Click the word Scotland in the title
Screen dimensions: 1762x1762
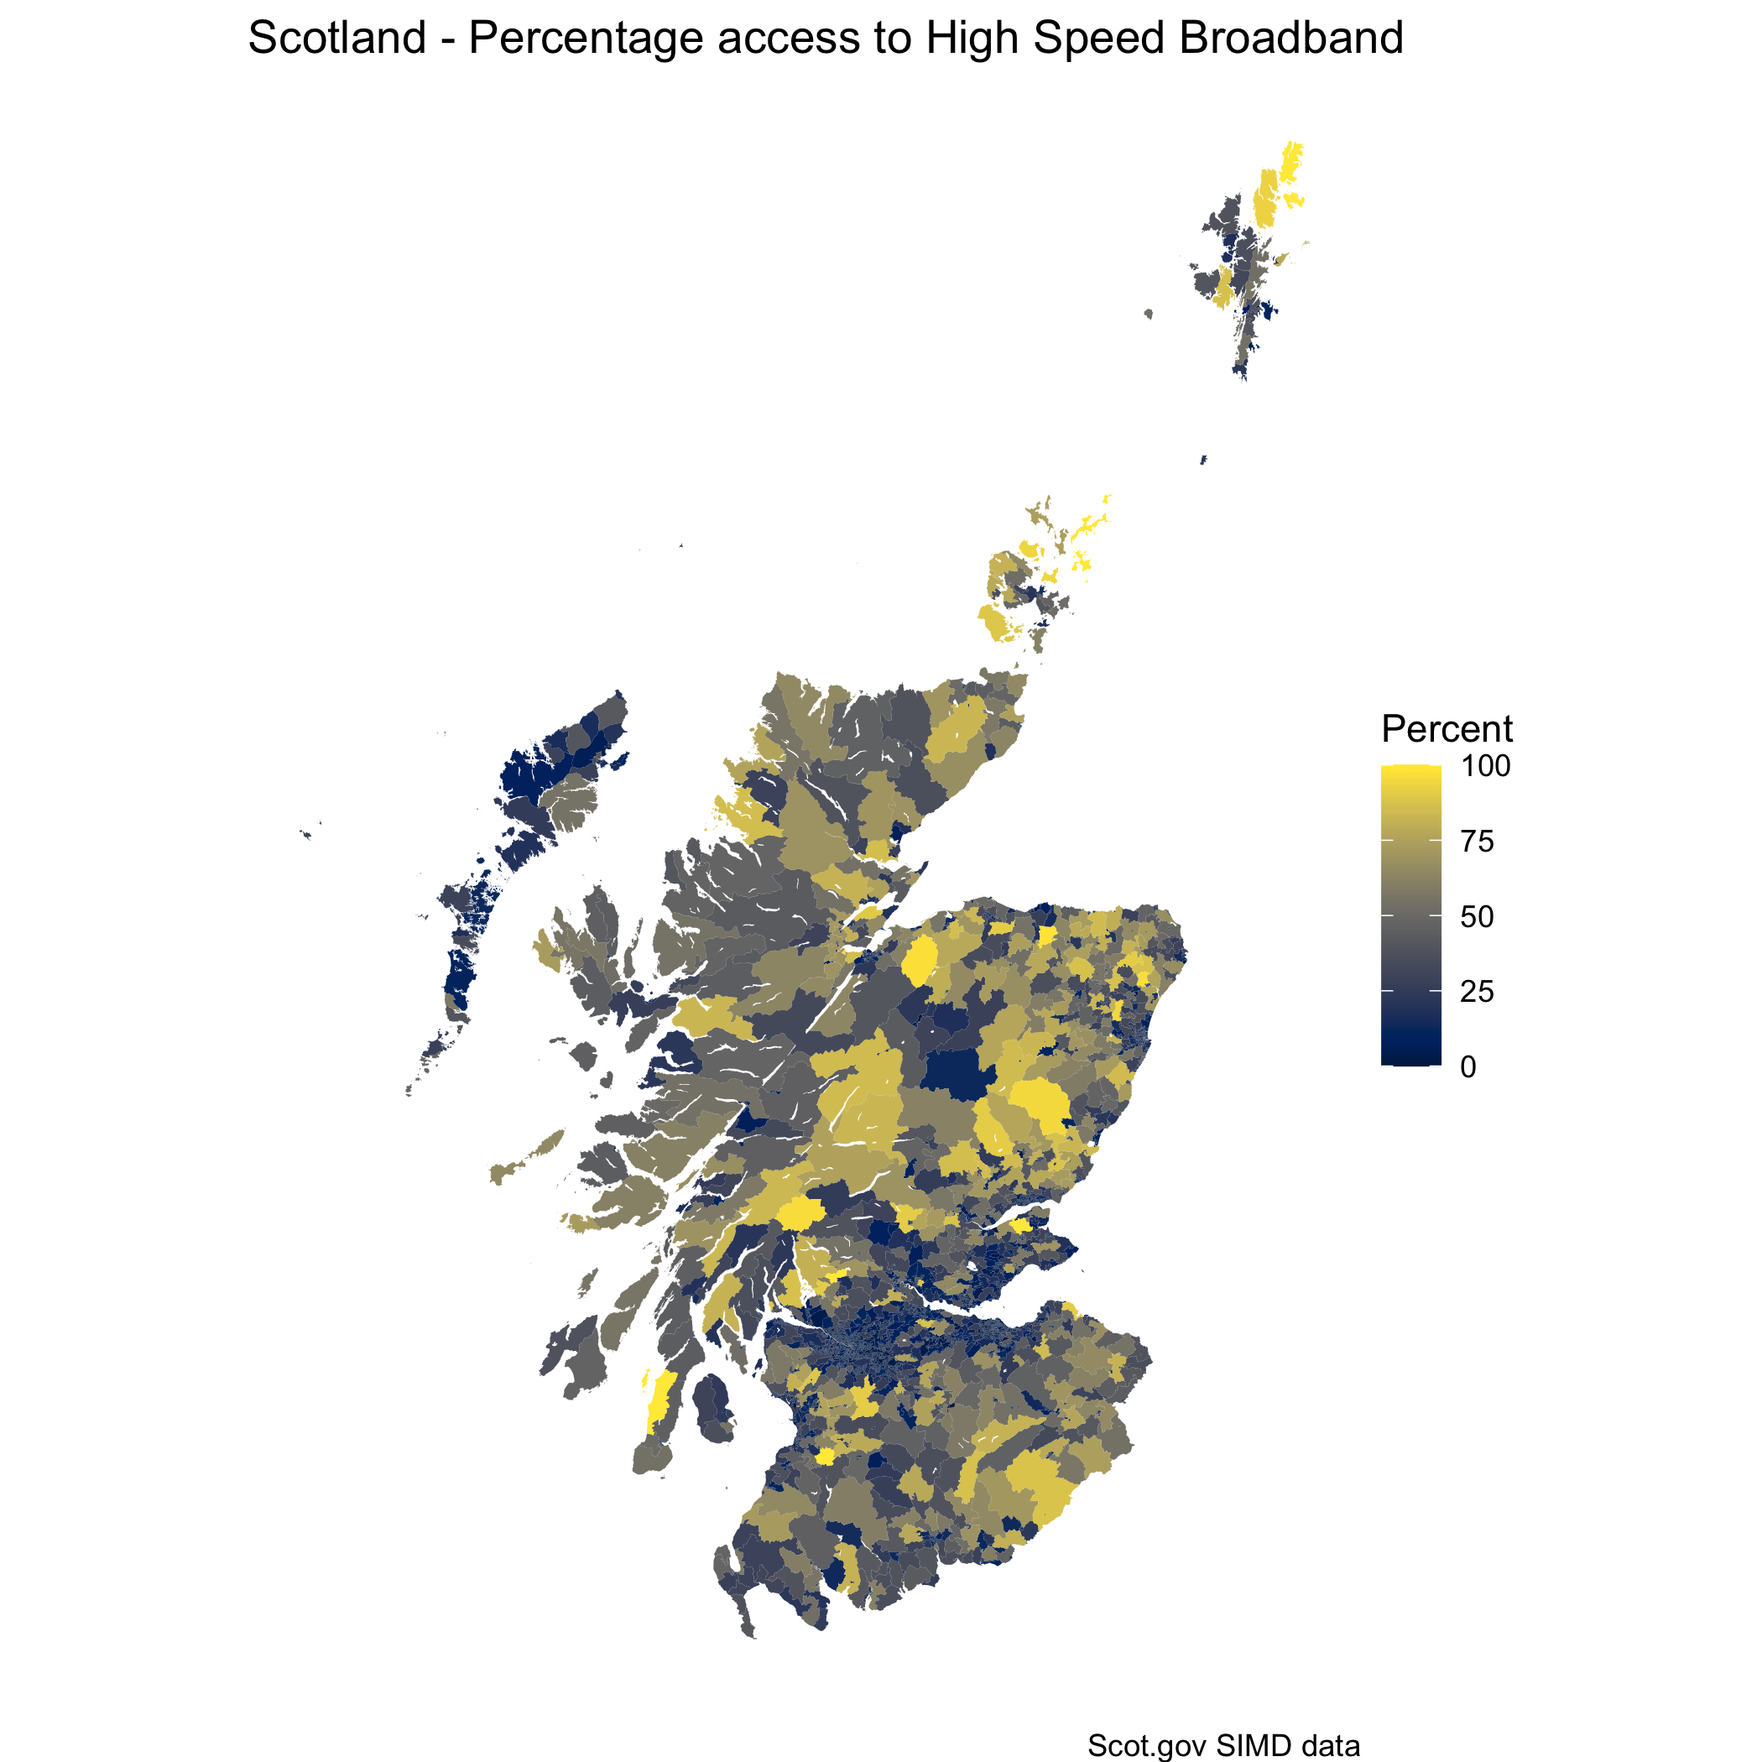click(x=336, y=39)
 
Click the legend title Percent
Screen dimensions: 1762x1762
click(x=1447, y=728)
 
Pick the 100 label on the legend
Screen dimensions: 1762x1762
click(x=1486, y=766)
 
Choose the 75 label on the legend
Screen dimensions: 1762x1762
click(x=1477, y=841)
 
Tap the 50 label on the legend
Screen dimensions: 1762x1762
click(x=1477, y=916)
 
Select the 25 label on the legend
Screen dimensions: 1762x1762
click(x=1477, y=992)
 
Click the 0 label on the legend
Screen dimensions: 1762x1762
click(x=1467, y=1067)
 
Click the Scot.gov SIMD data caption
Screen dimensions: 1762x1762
click(x=1223, y=1745)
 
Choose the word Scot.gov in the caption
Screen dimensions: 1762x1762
click(x=1145, y=1745)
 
